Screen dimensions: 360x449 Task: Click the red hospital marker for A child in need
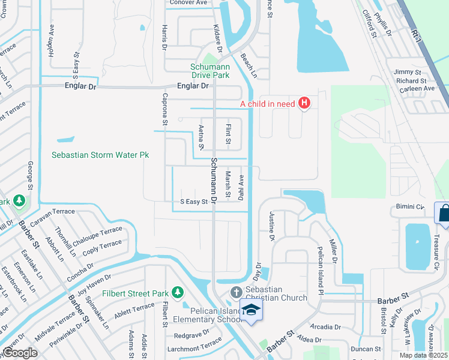tap(304, 103)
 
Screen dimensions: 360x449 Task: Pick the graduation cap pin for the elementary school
tap(250, 310)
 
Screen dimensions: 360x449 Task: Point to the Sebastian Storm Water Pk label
tap(100, 155)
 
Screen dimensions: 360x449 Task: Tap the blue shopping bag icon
tap(444, 214)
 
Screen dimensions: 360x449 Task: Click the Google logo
tap(20, 353)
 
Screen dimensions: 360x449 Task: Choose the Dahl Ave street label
tap(241, 187)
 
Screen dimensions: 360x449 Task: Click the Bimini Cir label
tap(410, 206)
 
